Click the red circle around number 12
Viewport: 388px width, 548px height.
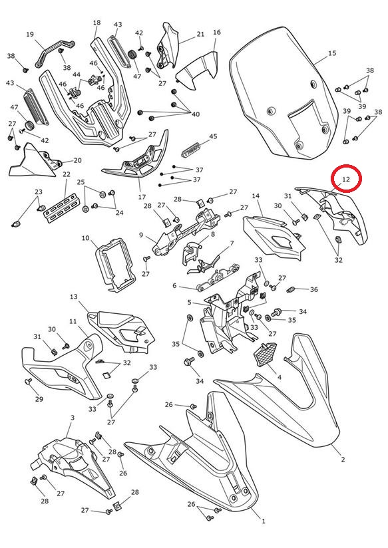[346, 166]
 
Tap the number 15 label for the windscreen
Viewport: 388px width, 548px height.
[332, 53]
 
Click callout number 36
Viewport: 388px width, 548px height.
[314, 289]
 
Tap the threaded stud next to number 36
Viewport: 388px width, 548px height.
[291, 289]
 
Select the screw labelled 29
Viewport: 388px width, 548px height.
[29, 381]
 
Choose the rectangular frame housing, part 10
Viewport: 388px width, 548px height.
[114, 265]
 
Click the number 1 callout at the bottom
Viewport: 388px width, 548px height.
[264, 521]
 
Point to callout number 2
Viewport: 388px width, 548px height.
[343, 460]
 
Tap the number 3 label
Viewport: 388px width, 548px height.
[73, 418]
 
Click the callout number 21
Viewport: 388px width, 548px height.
[200, 35]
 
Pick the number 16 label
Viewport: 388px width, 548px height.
[216, 32]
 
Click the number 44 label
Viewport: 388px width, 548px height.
[77, 74]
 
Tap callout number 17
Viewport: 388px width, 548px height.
[142, 197]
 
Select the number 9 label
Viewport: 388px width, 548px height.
[141, 235]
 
